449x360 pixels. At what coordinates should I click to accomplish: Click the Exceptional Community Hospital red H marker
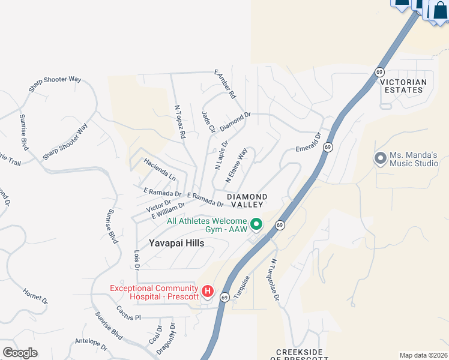click(x=208, y=292)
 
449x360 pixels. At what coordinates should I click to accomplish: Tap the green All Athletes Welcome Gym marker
click(x=256, y=225)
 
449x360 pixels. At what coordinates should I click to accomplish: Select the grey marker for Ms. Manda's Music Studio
click(x=379, y=159)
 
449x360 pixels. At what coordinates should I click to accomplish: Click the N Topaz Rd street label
click(x=179, y=122)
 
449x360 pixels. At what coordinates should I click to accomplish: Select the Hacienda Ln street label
click(x=160, y=170)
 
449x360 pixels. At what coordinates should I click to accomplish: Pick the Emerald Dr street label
click(x=310, y=144)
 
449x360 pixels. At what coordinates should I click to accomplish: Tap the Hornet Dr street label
click(x=35, y=296)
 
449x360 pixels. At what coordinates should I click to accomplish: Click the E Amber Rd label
click(x=226, y=84)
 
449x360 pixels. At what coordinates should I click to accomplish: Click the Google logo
click(x=20, y=353)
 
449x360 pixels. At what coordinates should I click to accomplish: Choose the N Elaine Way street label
click(x=237, y=166)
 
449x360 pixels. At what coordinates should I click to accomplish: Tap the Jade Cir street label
click(x=208, y=122)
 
